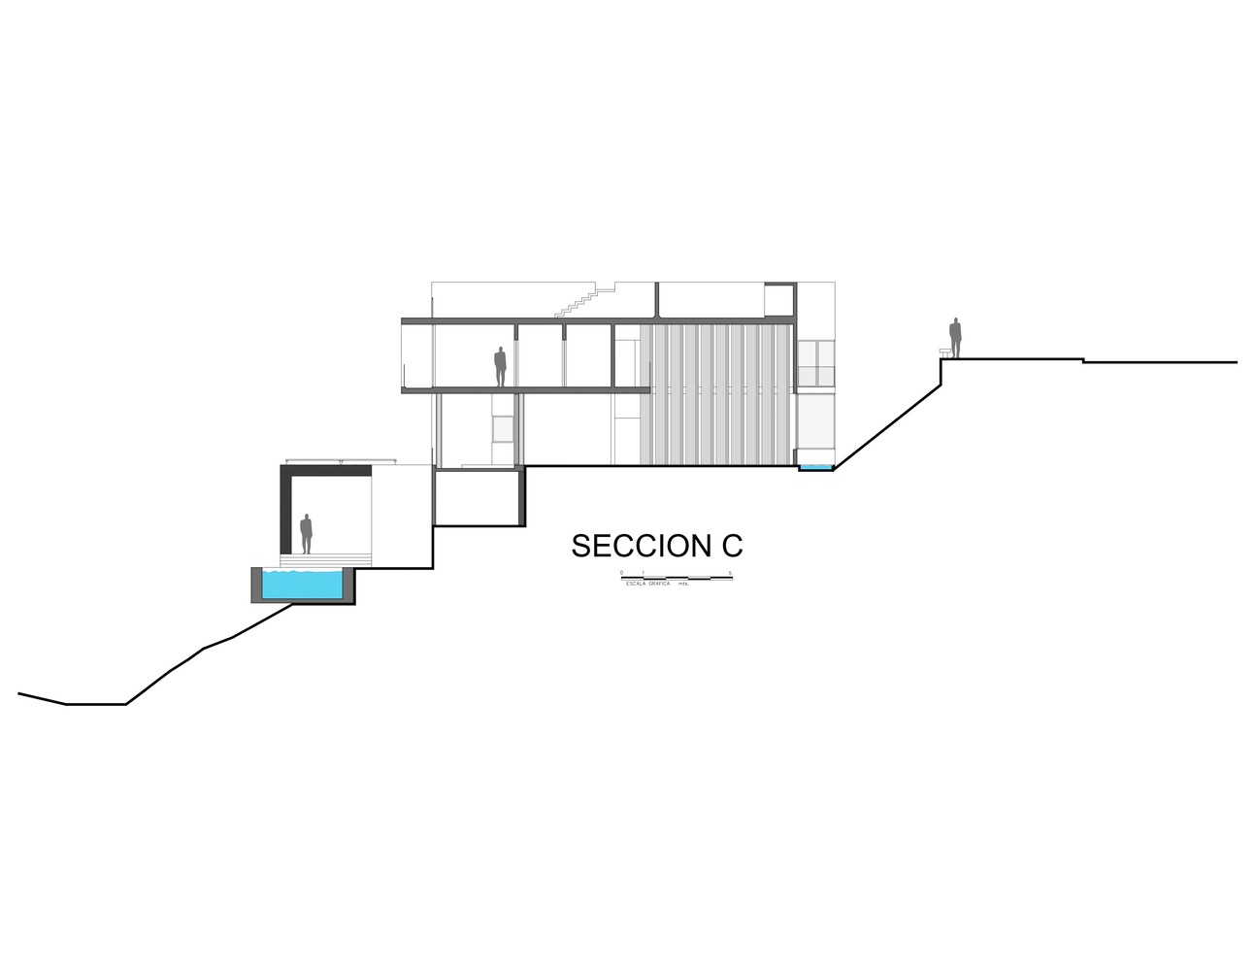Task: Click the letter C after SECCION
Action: [x=732, y=546]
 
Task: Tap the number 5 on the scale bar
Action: [x=728, y=573]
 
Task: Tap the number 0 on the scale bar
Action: [x=621, y=573]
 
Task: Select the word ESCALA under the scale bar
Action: [x=636, y=583]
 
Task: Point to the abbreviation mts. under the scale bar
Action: [x=683, y=583]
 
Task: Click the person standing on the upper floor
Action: [x=500, y=367]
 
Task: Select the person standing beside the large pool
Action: [x=306, y=534]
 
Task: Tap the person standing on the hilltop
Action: [x=955, y=338]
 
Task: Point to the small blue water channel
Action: [x=816, y=469]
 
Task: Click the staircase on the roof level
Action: [x=578, y=301]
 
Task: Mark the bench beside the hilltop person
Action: [x=944, y=353]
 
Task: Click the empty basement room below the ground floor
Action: [x=478, y=498]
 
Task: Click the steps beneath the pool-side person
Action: [x=325, y=560]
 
